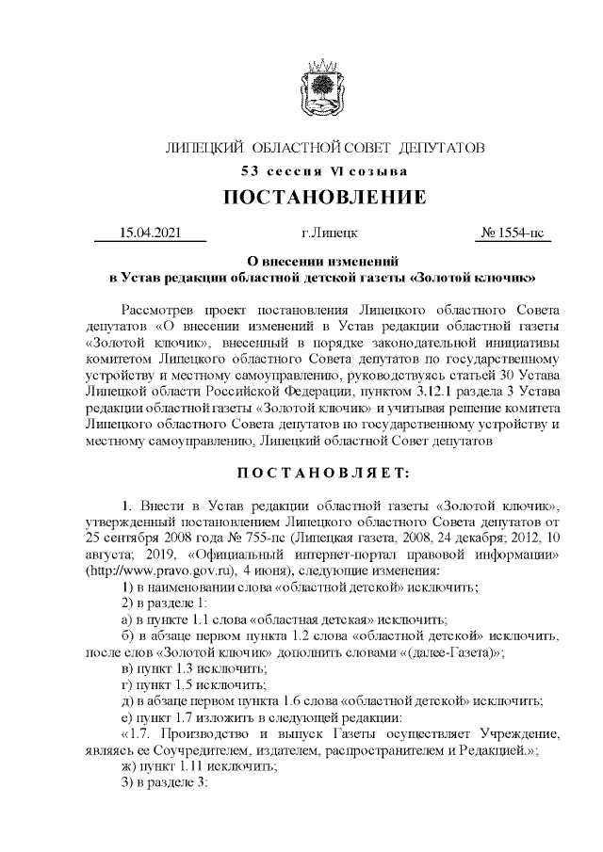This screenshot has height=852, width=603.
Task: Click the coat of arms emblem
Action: [x=324, y=89]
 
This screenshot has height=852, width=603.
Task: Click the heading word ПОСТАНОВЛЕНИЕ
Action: [x=324, y=197]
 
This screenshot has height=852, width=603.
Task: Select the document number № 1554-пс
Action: [x=513, y=233]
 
